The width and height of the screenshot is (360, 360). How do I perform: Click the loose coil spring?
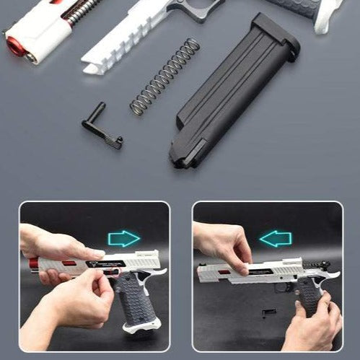164,76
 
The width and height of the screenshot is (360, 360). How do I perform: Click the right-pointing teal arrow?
124,239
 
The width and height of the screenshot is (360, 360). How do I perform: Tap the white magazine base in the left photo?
141,325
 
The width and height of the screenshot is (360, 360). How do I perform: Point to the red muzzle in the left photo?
32,268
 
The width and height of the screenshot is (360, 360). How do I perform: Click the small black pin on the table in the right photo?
268,312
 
